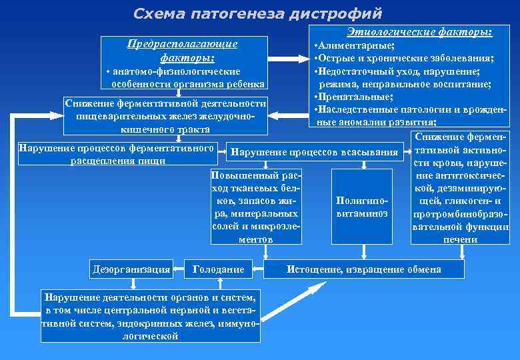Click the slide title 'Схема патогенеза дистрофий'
click(258, 13)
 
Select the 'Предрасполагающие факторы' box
click(183, 63)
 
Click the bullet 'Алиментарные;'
click(357, 45)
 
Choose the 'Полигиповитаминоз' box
click(362, 205)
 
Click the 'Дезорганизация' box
click(131, 269)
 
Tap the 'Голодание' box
click(218, 269)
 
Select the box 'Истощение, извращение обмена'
click(363, 269)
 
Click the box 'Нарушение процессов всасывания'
click(313, 153)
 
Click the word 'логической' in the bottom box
click(150, 336)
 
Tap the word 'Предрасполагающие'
click(182, 44)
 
